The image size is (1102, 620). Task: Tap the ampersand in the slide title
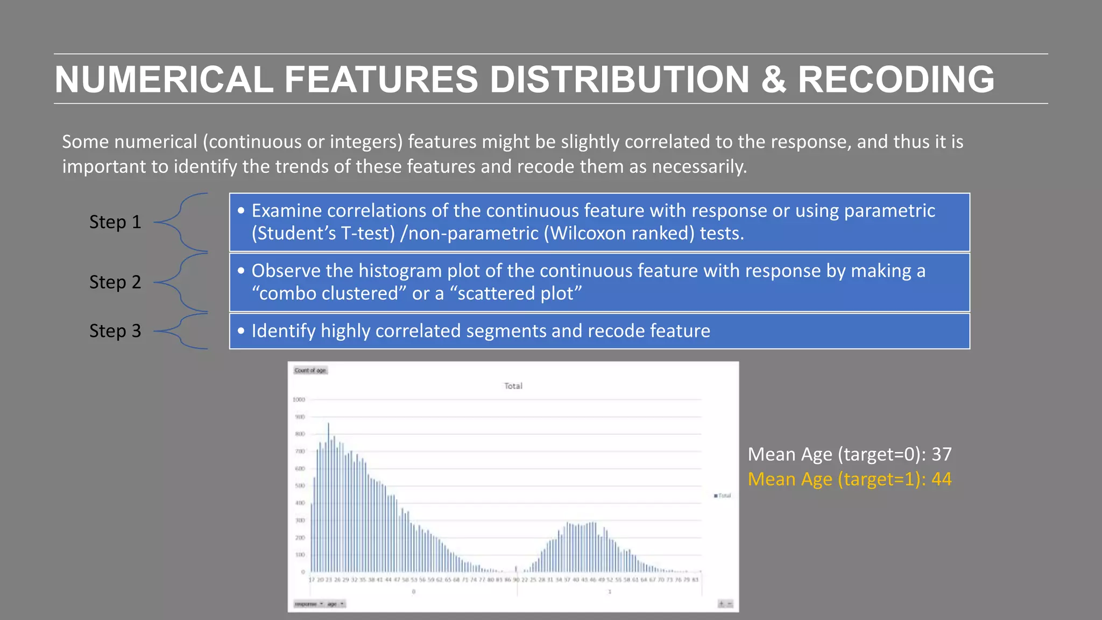(773, 80)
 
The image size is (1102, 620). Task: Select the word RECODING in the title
(896, 80)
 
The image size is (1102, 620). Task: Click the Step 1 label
(115, 222)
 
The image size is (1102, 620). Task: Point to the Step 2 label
(115, 282)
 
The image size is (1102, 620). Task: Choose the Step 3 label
(115, 330)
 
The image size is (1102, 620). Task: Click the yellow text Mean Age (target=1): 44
(849, 479)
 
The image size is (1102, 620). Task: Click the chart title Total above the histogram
(513, 386)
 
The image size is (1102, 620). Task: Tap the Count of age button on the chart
(310, 370)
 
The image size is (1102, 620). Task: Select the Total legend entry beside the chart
(722, 496)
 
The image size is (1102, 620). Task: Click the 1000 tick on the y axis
(299, 399)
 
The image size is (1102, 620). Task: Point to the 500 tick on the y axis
(300, 485)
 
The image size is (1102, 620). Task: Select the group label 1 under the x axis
(610, 591)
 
